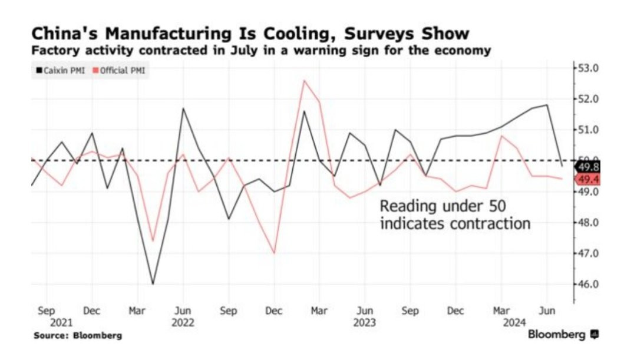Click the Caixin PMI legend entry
61,71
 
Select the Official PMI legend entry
119,71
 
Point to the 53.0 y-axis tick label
588,68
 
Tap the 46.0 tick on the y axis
588,284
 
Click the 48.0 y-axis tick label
588,223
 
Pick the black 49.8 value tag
587,167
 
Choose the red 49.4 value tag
587,179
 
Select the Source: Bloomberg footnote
78,336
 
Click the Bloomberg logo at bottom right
563,335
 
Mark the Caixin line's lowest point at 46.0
153,284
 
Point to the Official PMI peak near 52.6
305,81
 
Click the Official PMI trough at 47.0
274,253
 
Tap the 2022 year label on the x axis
183,323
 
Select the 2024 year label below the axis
514,323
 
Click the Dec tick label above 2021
92,311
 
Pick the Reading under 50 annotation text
455,215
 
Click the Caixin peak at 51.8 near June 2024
547,105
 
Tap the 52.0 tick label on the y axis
588,99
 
